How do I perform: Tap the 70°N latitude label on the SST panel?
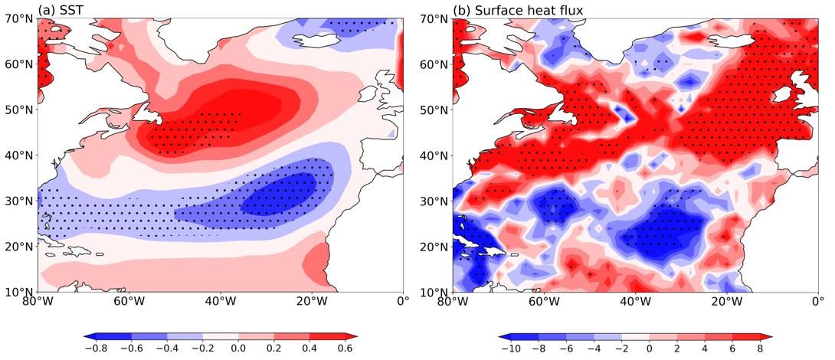tap(19, 18)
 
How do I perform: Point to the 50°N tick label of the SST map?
tap(19, 110)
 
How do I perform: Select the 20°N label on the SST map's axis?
tap(19, 247)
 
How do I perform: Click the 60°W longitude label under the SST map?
tap(129, 301)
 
